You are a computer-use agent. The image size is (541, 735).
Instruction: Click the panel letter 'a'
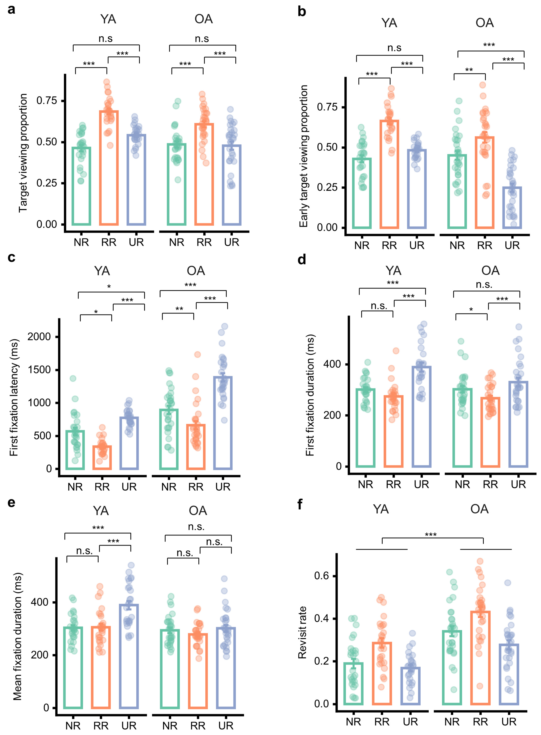tap(11, 10)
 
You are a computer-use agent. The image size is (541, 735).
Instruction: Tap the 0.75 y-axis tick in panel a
tap(46, 101)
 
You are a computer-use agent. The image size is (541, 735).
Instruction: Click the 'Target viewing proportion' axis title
tap(23, 153)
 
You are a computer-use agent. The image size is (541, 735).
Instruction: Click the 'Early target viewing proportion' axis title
tap(304, 156)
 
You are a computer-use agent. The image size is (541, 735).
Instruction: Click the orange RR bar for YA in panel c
tap(102, 446)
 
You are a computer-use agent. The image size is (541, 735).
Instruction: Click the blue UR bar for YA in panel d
tap(421, 367)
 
